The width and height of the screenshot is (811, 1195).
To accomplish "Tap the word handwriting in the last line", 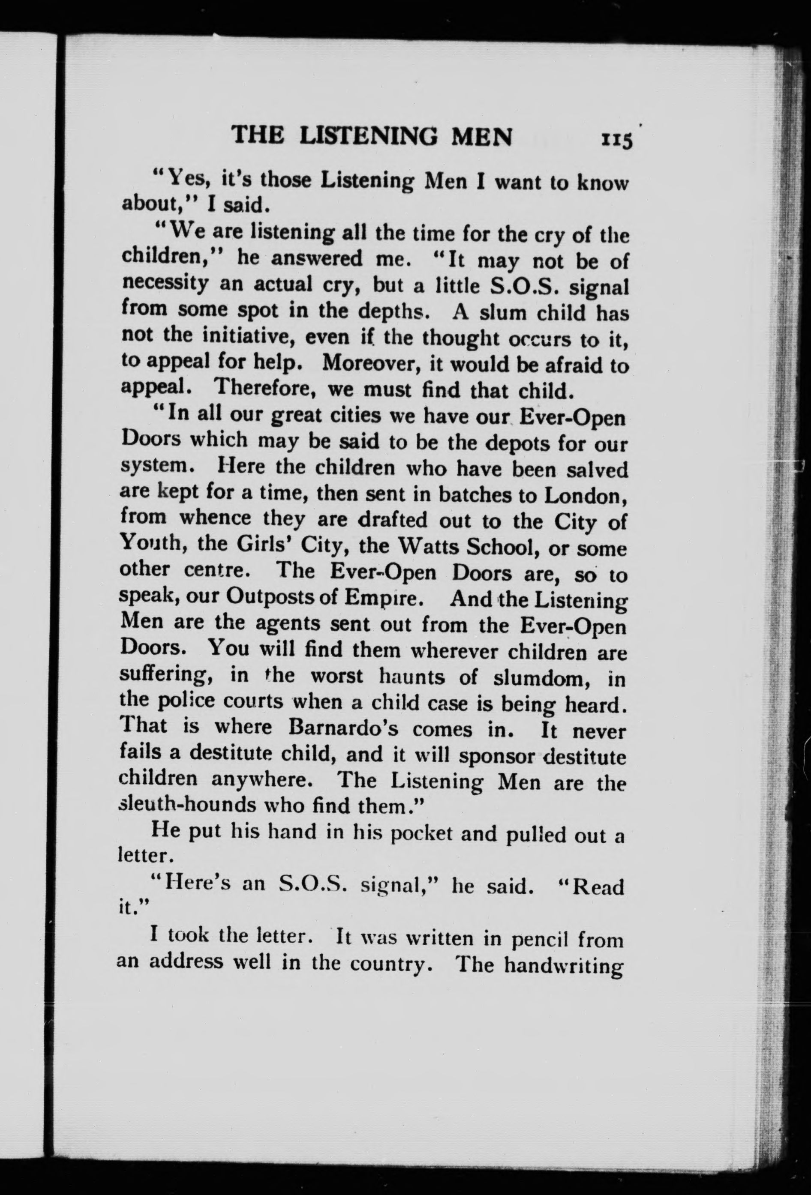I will pyautogui.click(x=563, y=965).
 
